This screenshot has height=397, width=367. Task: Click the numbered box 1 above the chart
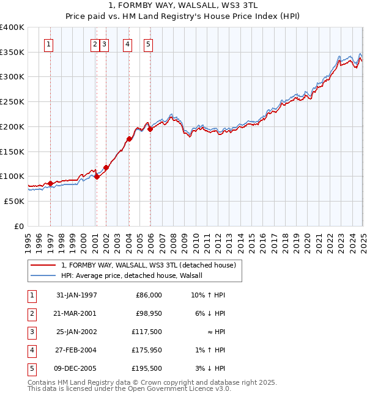click(x=48, y=43)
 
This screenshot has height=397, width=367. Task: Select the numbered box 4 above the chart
click(x=127, y=43)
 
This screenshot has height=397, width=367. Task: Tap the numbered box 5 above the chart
click(x=149, y=43)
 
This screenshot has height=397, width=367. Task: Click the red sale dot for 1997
click(x=50, y=183)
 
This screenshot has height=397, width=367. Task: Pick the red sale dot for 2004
click(x=129, y=139)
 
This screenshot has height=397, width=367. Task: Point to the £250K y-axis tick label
click(x=12, y=102)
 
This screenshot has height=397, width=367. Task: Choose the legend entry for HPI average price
click(x=136, y=275)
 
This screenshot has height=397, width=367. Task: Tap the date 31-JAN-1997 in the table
click(x=76, y=295)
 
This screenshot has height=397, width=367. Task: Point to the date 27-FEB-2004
click(x=76, y=350)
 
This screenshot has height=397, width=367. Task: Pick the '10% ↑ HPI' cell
click(x=208, y=295)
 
